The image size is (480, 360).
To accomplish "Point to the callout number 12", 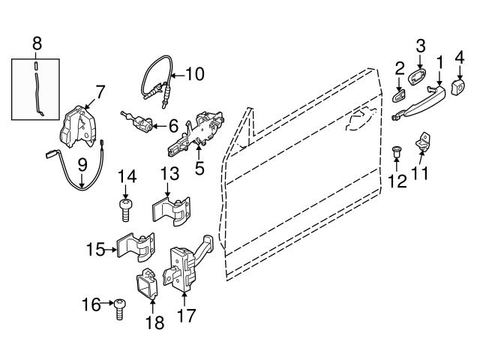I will tap(397, 180).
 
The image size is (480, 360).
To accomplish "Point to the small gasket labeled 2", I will tap(399, 100).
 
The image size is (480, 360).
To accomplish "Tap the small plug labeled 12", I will tap(397, 153).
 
